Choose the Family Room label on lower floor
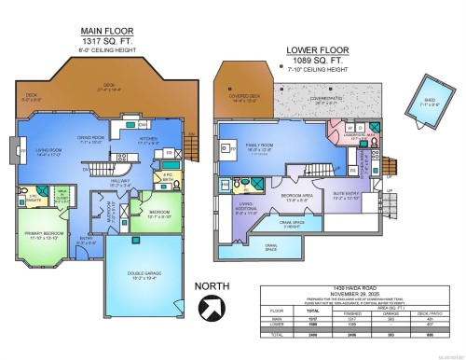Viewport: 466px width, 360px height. (258, 148)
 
